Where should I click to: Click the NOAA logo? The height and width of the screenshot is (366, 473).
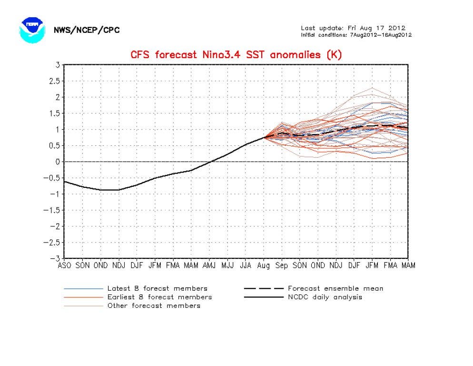[32, 30]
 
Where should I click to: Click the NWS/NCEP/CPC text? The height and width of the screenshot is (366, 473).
[87, 30]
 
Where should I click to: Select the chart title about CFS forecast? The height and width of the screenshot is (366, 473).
[236, 55]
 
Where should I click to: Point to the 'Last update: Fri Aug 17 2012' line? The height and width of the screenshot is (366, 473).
[353, 28]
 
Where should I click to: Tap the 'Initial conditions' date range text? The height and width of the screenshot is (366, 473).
[356, 35]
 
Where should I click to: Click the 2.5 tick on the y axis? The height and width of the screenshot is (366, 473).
[54, 81]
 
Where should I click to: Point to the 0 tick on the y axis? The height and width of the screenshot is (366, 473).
[57, 162]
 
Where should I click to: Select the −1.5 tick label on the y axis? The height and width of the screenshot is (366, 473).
[52, 210]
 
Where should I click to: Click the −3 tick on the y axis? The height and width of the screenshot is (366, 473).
[55, 258]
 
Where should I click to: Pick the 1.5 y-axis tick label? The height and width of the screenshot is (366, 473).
[54, 113]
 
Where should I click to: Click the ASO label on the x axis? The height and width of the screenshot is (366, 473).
[64, 265]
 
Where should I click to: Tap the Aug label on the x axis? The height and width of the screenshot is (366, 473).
[263, 265]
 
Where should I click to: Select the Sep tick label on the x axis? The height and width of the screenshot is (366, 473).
[281, 265]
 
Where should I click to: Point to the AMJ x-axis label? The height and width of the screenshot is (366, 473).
[209, 265]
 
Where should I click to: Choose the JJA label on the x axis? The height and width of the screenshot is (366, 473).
[245, 265]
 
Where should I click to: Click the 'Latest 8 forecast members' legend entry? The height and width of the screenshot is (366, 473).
[136, 289]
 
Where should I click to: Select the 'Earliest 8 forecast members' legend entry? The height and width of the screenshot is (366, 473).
[138, 297]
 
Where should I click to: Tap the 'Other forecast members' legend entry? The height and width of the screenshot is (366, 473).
[132, 305]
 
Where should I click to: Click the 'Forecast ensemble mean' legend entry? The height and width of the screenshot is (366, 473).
[314, 289]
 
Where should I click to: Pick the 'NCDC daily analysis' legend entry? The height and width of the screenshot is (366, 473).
[303, 297]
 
